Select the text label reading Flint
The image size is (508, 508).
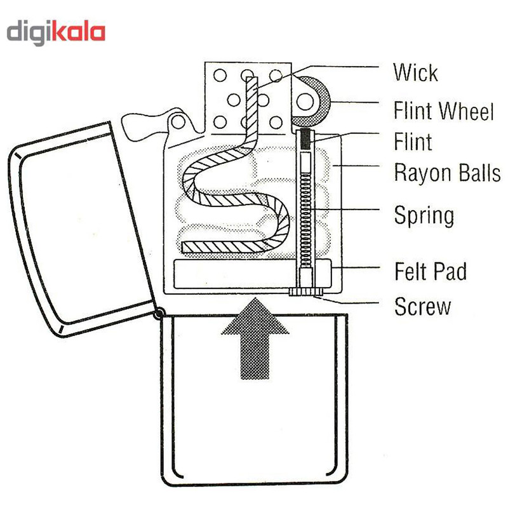click(x=413, y=141)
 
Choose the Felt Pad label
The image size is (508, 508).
click(x=431, y=272)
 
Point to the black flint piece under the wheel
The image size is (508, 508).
click(x=308, y=139)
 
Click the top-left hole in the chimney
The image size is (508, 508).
click(x=220, y=76)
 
